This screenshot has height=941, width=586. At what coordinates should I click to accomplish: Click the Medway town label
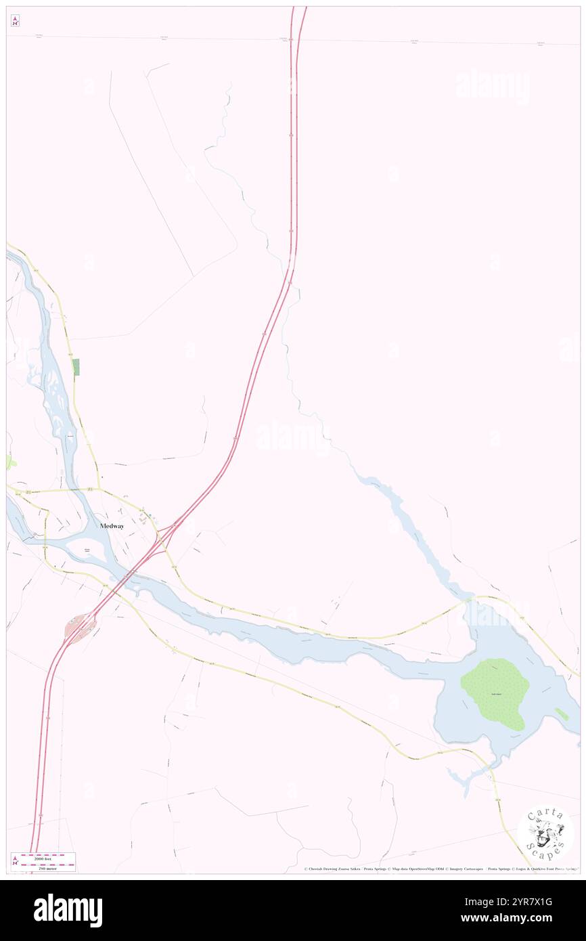point(112,525)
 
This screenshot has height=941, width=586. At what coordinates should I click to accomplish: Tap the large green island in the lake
point(497,693)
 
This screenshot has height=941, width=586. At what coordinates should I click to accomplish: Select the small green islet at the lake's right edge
point(562,714)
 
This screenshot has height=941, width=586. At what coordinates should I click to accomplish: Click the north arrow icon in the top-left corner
point(15,22)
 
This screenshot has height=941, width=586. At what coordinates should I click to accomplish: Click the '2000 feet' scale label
point(48,856)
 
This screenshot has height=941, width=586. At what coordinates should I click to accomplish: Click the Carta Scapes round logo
point(545,833)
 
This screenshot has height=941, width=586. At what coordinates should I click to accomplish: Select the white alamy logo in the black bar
point(68,911)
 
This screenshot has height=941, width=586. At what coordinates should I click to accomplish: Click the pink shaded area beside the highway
point(80,628)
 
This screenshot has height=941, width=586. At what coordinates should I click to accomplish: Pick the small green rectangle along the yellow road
point(76,366)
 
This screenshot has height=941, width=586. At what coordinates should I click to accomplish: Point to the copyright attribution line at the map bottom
point(440,869)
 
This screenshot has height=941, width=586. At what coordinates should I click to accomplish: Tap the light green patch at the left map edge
point(9,462)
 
